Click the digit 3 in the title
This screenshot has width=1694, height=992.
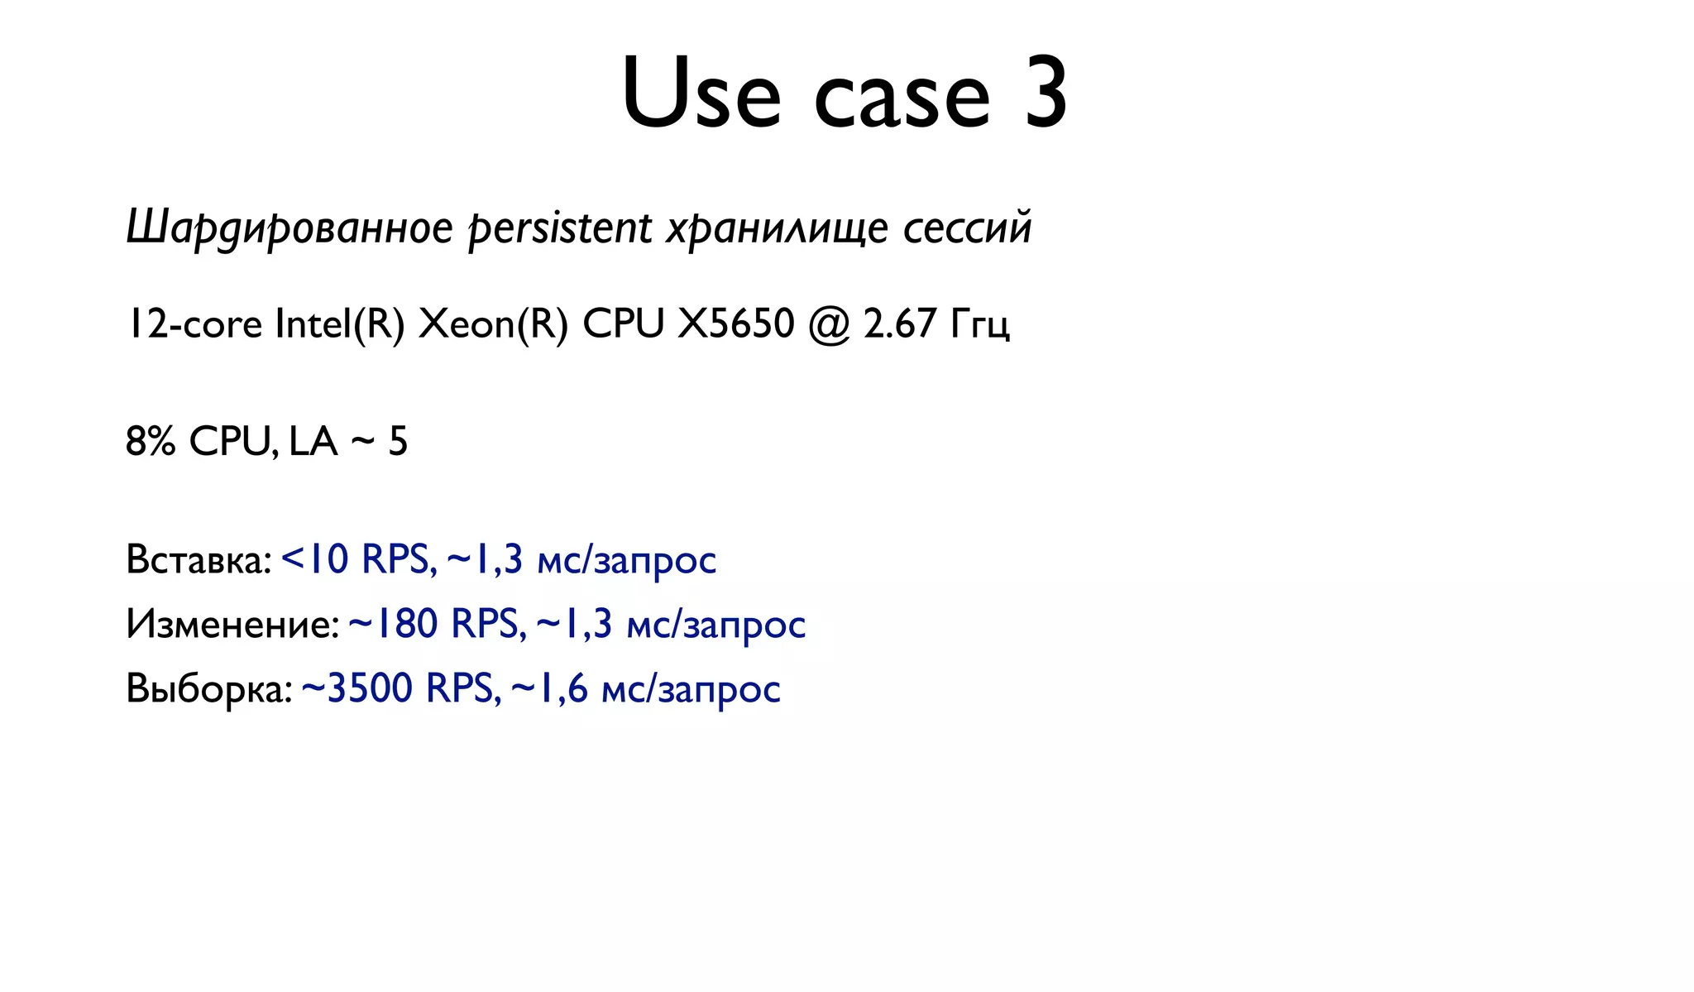point(1046,93)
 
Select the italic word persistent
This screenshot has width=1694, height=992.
point(560,228)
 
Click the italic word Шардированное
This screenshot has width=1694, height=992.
point(290,228)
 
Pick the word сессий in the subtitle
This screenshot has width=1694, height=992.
point(967,228)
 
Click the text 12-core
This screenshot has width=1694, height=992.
point(194,323)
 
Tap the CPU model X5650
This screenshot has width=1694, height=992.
point(735,323)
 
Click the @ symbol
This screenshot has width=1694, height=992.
point(829,325)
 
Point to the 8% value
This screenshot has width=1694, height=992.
point(151,442)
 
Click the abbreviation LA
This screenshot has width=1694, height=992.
point(313,442)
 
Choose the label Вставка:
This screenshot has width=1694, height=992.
point(199,560)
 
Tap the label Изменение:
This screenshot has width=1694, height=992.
point(232,624)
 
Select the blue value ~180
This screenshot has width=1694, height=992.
point(393,624)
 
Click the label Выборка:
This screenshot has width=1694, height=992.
point(208,689)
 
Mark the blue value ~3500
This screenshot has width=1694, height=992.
point(357,688)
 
